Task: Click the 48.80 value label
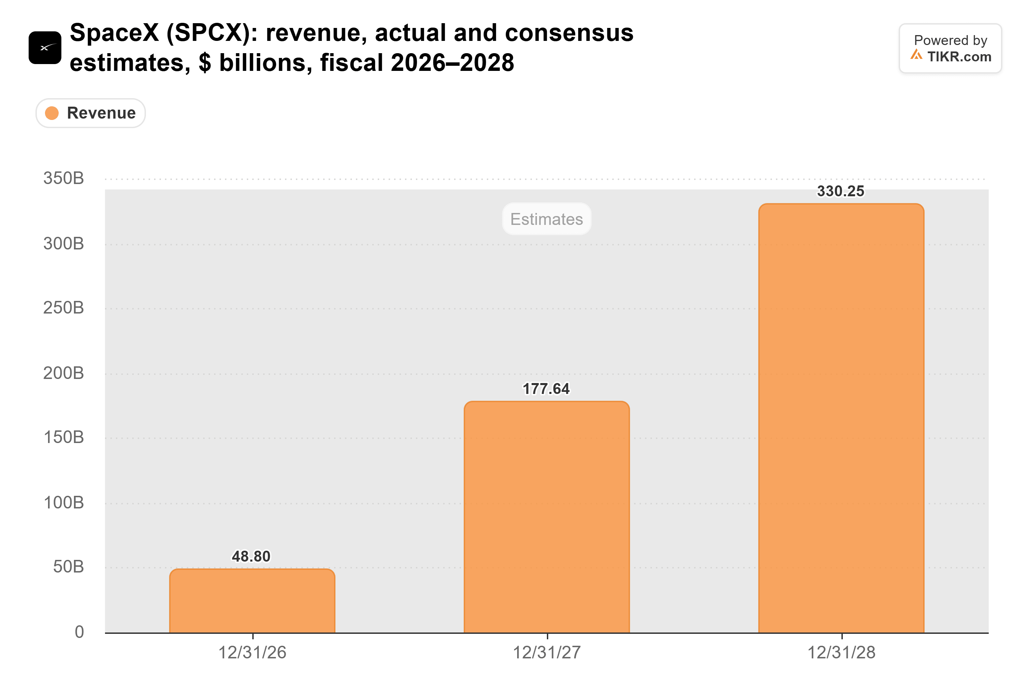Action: coord(251,556)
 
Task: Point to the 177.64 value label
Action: coord(546,388)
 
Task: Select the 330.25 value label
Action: coord(841,191)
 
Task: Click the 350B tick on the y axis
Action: coord(63,178)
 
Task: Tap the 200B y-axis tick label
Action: coord(63,373)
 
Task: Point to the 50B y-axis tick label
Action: coord(69,567)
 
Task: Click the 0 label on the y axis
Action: coord(79,632)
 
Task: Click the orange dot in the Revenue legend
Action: coord(52,113)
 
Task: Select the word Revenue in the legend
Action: coord(101,113)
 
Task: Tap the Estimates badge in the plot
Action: coord(547,219)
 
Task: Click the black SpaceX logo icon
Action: coord(45,48)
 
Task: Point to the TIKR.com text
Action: coord(959,57)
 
